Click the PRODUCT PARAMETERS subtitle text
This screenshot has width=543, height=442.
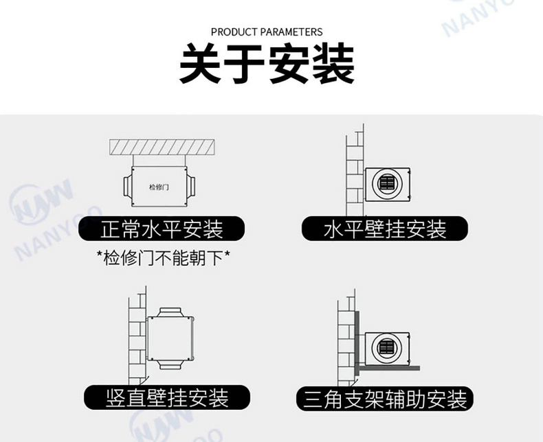point(267,32)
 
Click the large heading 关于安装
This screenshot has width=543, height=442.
point(267,64)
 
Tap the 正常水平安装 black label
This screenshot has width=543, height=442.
point(162,229)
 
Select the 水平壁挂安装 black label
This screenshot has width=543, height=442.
point(385,229)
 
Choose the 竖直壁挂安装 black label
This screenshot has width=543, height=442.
point(167,397)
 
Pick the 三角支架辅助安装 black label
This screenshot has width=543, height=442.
point(385,399)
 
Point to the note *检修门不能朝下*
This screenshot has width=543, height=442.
point(163,257)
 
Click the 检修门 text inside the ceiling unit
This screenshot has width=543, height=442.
point(159,187)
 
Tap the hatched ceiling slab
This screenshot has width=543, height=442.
point(162,147)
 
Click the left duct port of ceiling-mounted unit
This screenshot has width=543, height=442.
point(127,187)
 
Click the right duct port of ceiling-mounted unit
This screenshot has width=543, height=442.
point(191,187)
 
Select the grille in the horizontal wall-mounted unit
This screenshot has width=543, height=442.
point(387,183)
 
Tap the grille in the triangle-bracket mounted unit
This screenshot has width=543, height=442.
point(387,347)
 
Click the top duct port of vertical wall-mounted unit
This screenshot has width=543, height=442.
point(170,312)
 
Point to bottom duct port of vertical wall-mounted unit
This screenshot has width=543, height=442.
point(170,364)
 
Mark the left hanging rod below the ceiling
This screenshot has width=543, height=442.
point(133,161)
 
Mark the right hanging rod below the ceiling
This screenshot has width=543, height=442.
point(186,161)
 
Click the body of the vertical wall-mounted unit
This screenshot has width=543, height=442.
point(170,338)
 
